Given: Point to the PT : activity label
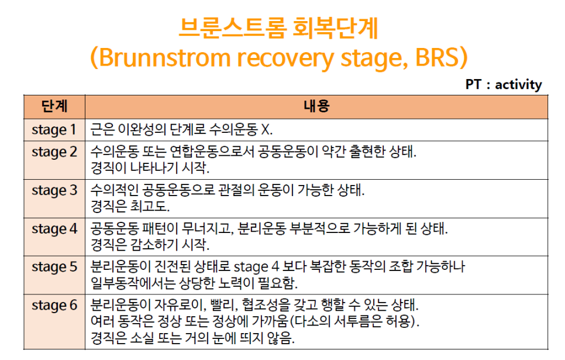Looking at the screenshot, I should pos(504,84).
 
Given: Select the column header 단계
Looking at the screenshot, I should pos(54,106).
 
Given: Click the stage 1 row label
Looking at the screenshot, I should pos(54,129).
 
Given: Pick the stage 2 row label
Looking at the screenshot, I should pos(54,152).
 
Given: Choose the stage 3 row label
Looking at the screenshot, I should pos(54,190).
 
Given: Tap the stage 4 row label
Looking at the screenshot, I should pos(54,228).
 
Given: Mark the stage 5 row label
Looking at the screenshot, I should pos(54,267).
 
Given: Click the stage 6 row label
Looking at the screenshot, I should pos(54,305).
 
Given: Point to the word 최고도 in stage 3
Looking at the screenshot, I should pos(159,206).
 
